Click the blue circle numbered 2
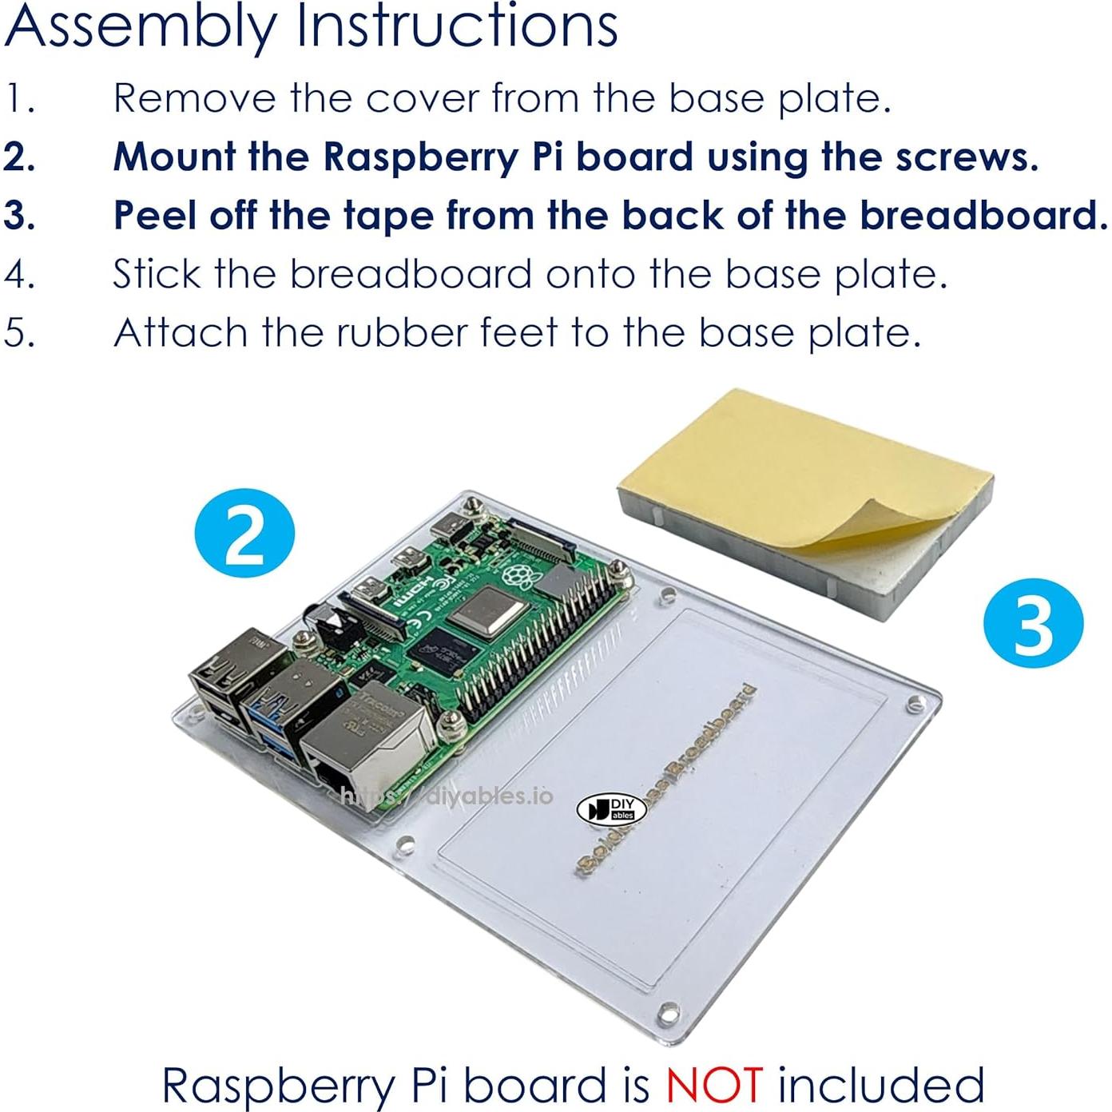(x=244, y=533)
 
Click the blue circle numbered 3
(x=1033, y=622)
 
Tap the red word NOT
(x=714, y=1084)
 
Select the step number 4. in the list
(x=19, y=274)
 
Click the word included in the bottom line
(x=881, y=1084)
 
